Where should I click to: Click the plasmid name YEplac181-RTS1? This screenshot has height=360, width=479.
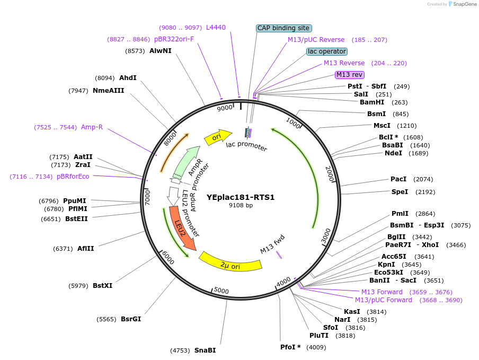click(x=241, y=197)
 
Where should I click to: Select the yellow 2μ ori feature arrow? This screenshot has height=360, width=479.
click(x=230, y=262)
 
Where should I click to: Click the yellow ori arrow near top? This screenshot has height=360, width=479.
click(x=218, y=136)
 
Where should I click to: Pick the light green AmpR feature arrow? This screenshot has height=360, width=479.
click(x=187, y=163)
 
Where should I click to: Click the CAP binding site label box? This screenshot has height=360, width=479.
click(x=283, y=28)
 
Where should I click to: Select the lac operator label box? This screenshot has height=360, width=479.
click(x=327, y=51)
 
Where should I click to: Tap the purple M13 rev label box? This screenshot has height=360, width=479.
click(x=350, y=75)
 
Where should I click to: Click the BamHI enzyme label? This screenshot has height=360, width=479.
click(x=372, y=102)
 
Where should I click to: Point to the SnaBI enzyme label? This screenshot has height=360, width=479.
click(x=205, y=350)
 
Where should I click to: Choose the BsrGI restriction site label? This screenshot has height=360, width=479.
click(x=131, y=319)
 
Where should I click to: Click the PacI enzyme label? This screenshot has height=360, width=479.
click(x=398, y=179)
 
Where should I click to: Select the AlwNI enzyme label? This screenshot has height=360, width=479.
click(x=160, y=51)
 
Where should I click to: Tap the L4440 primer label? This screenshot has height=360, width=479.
click(x=216, y=27)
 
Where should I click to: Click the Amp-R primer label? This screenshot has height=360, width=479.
click(x=92, y=127)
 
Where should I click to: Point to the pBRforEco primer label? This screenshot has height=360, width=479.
click(x=73, y=177)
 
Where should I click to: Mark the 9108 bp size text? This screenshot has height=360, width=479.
click(x=241, y=205)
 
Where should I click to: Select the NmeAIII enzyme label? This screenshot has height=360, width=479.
click(x=108, y=91)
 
